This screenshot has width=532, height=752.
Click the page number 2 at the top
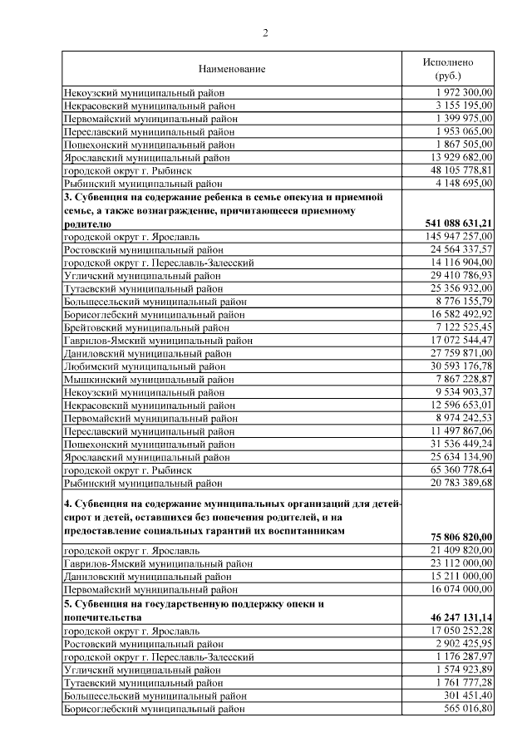pos(266,33)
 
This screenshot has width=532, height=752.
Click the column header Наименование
pos(232,68)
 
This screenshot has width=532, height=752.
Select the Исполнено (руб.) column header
pos(448,68)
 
